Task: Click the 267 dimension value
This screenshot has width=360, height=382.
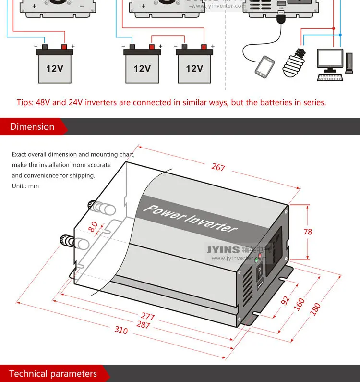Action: (x=218, y=167)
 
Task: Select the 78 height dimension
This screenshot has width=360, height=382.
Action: (x=308, y=232)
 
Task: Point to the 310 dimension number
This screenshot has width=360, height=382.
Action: (x=121, y=331)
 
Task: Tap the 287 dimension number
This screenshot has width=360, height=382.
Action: (x=143, y=325)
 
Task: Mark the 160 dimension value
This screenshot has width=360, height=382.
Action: (x=300, y=304)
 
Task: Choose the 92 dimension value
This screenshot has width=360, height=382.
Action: (x=285, y=301)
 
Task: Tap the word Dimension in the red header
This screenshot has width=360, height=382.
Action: (x=32, y=127)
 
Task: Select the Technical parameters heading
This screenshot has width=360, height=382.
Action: (x=53, y=374)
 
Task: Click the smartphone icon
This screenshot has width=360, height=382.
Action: (x=264, y=67)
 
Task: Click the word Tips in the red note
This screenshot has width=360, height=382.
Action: (x=25, y=102)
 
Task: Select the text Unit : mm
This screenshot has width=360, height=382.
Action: (x=25, y=186)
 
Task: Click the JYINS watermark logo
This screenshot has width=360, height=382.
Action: (x=223, y=250)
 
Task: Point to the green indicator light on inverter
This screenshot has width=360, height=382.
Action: (x=257, y=259)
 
